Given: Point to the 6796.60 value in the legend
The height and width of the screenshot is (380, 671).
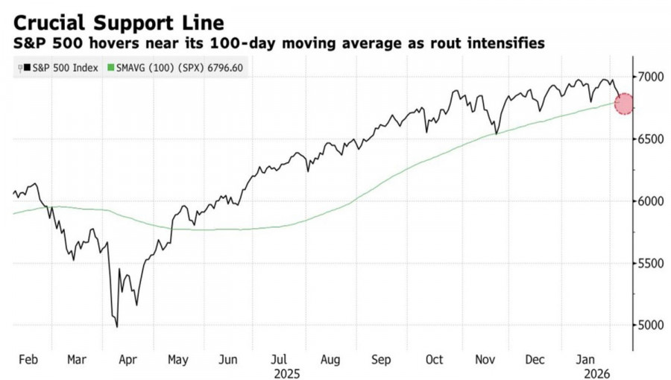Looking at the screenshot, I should [x=226, y=69].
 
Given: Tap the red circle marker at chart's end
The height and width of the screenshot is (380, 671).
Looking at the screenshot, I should [x=624, y=104].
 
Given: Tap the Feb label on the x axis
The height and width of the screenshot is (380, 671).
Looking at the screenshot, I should [x=28, y=359].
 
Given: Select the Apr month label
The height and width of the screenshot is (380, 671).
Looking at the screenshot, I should [x=127, y=359].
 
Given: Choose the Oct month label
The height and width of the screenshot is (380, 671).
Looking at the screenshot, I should [x=434, y=359].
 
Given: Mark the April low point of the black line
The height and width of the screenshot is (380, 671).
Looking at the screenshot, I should [x=116, y=326].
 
